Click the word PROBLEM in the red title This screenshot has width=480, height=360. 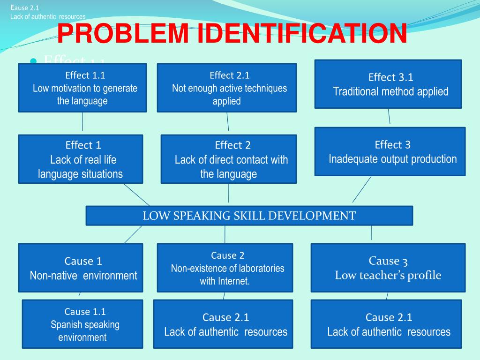pos(121,34)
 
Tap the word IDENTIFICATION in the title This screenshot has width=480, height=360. pos(300,34)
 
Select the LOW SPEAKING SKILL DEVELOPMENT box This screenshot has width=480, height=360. pos(249,216)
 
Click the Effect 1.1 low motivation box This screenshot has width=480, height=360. pos(82,88)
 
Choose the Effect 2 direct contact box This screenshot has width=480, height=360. pos(229,159)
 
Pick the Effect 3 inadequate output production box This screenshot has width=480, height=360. pos(390,151)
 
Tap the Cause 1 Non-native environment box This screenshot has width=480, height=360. pos(81,268)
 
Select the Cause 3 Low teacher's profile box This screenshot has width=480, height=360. pos(388,268)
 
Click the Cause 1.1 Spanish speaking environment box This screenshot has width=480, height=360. pos(82,324)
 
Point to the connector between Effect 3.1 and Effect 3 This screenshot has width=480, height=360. pos(389,117)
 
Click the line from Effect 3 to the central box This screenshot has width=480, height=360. pos(361,189)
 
